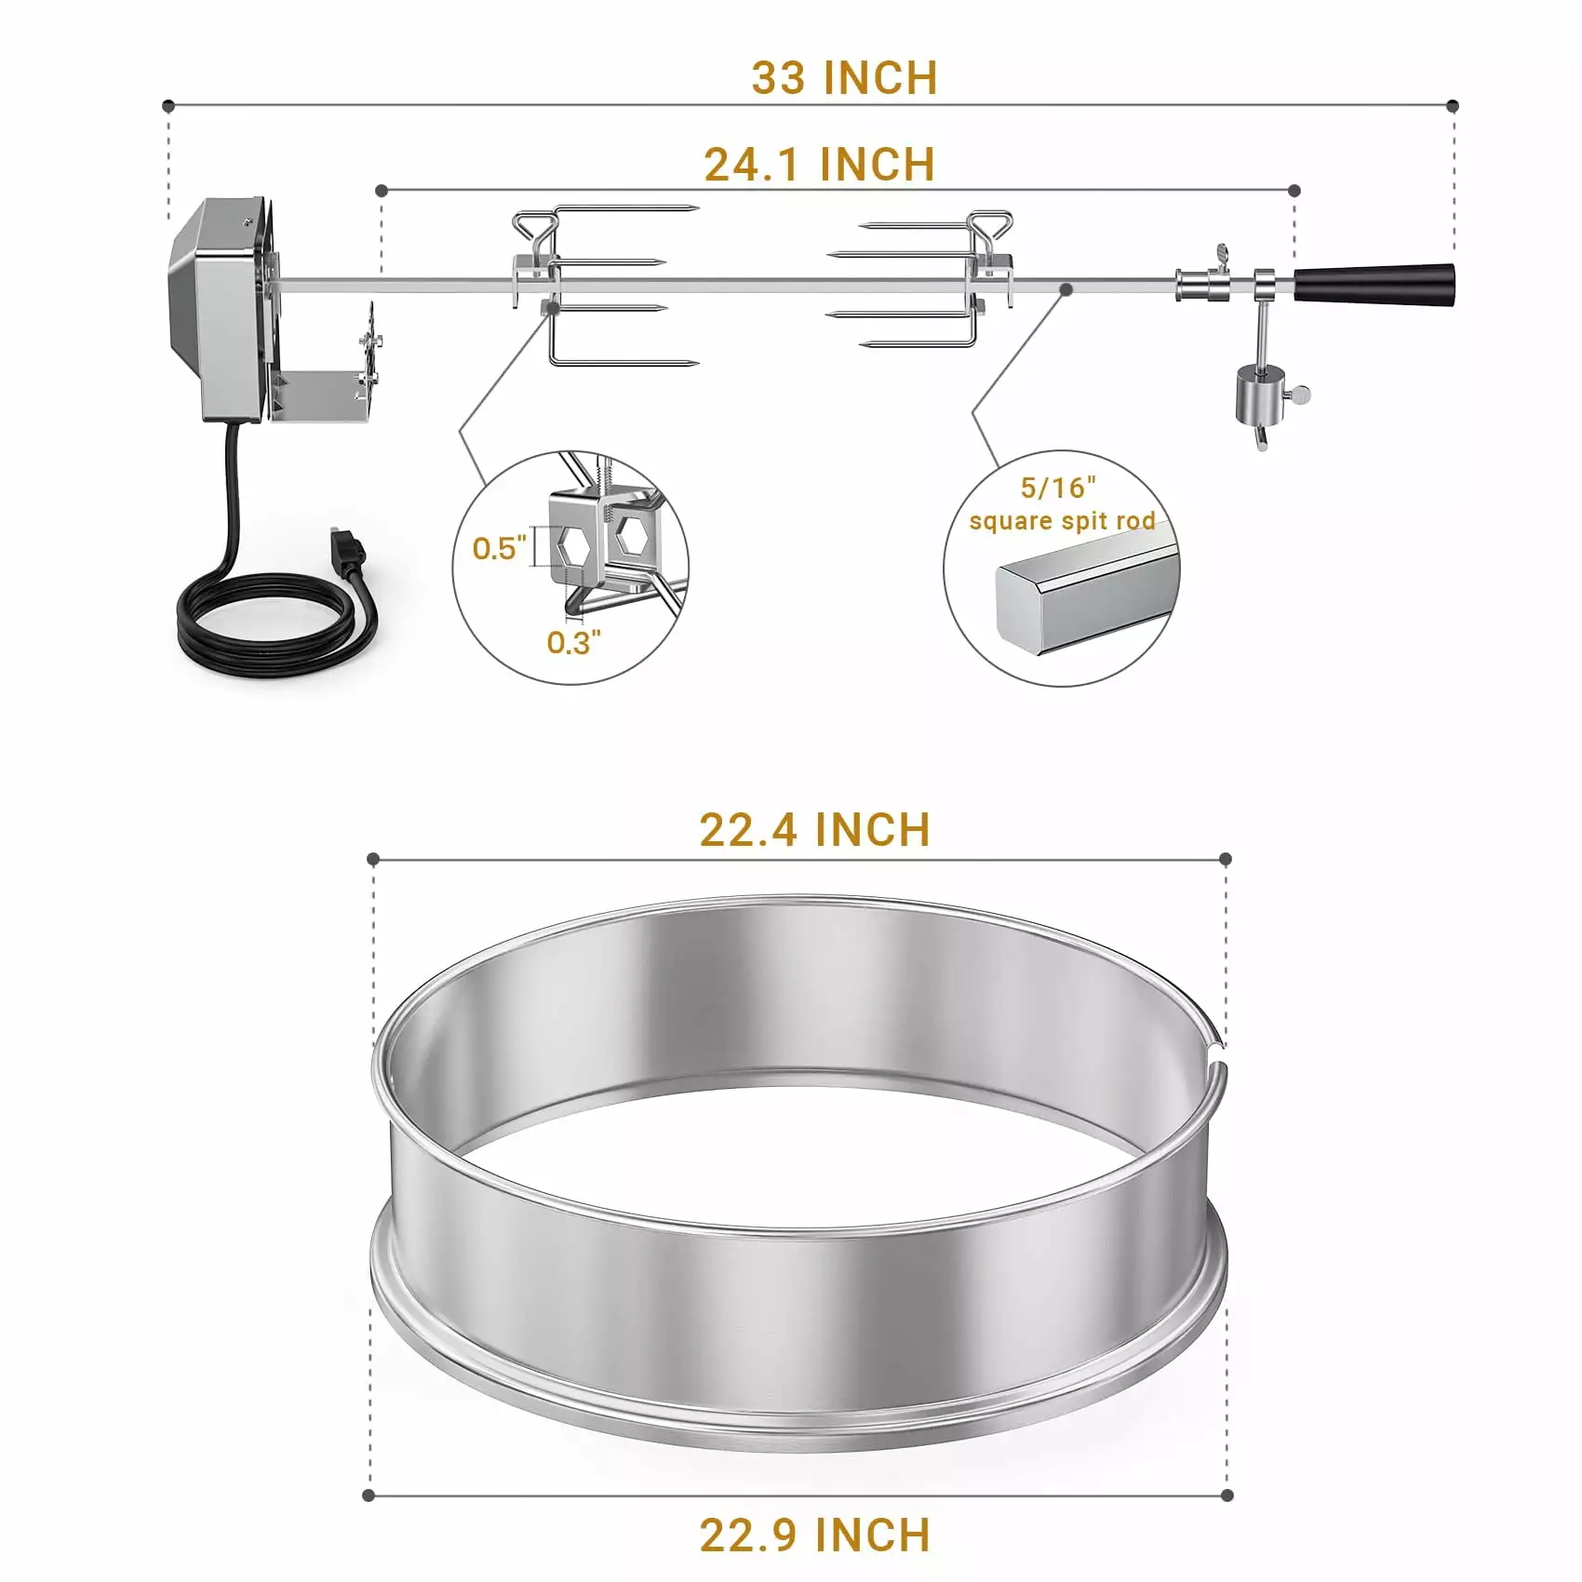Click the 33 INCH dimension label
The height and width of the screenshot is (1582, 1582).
click(844, 78)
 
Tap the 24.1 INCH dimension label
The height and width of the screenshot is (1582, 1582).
click(819, 165)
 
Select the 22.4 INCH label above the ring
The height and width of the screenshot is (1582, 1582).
click(814, 829)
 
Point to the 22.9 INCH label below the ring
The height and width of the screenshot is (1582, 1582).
click(814, 1535)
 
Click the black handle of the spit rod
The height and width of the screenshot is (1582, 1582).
click(1374, 283)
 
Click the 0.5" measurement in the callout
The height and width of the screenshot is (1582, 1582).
click(499, 547)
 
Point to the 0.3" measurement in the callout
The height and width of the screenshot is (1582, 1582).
click(573, 642)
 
